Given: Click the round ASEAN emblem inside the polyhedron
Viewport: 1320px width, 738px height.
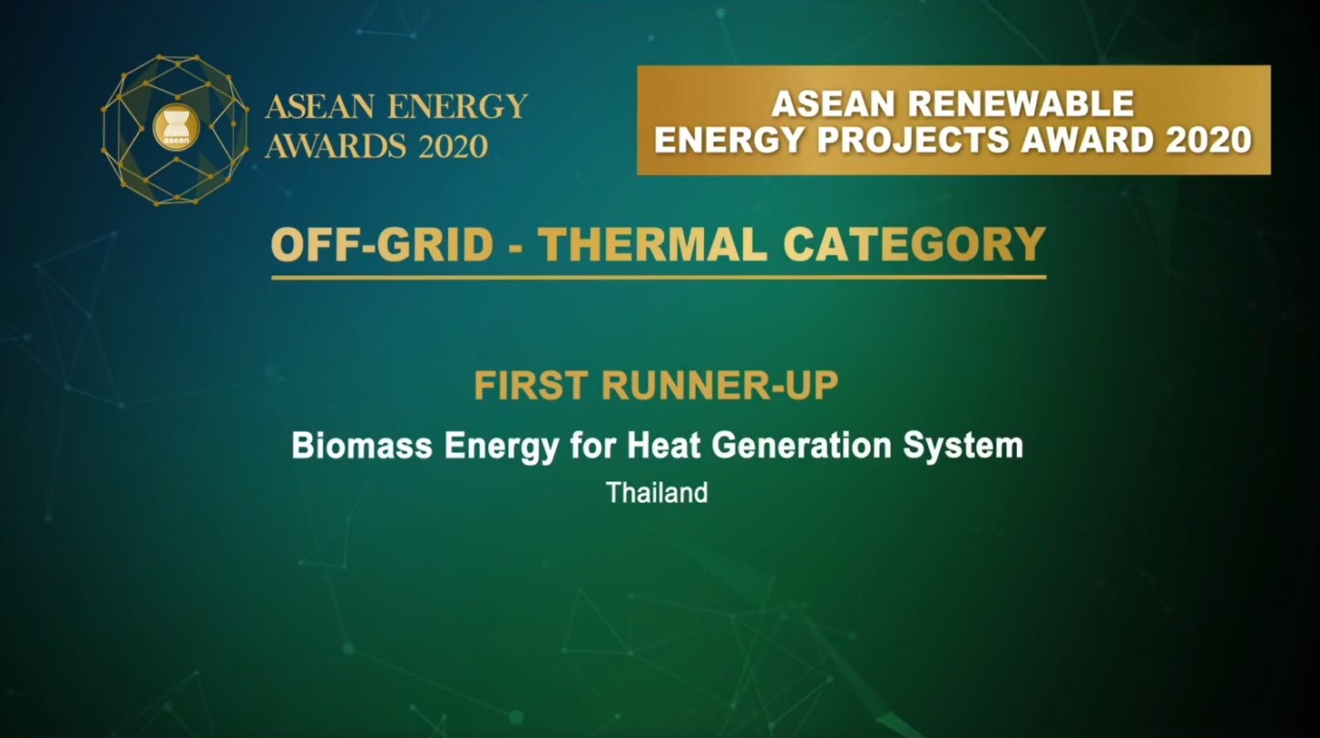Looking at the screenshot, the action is [176, 127].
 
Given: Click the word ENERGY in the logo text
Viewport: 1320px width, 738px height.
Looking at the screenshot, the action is [458, 106].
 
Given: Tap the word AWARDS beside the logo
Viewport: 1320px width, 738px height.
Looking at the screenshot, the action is [336, 145].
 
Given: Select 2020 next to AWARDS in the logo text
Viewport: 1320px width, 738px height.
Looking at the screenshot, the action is [454, 145].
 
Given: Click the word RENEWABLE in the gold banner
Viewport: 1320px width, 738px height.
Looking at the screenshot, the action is [1021, 103].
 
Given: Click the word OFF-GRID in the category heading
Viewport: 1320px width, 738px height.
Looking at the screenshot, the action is [382, 244].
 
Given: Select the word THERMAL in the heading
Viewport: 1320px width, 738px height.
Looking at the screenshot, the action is [655, 244].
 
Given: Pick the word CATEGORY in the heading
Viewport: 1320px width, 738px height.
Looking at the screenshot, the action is [914, 244].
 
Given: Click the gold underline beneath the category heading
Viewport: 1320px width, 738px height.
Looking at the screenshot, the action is [659, 277].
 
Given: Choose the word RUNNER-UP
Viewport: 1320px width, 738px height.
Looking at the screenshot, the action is [719, 386].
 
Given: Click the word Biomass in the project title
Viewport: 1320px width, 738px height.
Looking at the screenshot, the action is [362, 446].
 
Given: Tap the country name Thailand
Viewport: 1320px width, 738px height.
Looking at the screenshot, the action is [657, 493].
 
